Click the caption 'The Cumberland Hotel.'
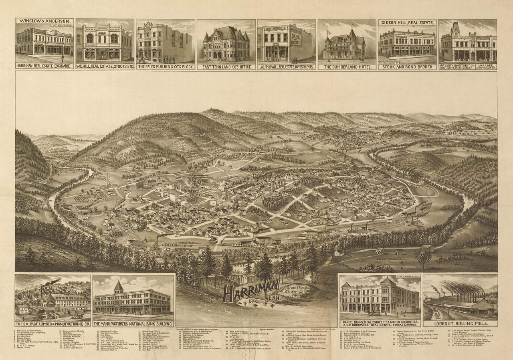[x=347, y=67]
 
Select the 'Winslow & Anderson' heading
[x=44, y=22]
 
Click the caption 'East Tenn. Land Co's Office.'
[x=226, y=67]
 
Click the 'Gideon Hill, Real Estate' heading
[x=407, y=23]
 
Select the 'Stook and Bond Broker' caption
[x=407, y=67]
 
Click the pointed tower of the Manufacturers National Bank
[x=119, y=286]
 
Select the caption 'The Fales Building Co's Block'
[x=166, y=67]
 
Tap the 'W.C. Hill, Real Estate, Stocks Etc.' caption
[x=104, y=67]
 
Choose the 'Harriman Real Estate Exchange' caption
[x=44, y=66]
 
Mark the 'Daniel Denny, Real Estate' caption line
[x=380, y=321]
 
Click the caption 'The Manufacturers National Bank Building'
[x=134, y=323]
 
